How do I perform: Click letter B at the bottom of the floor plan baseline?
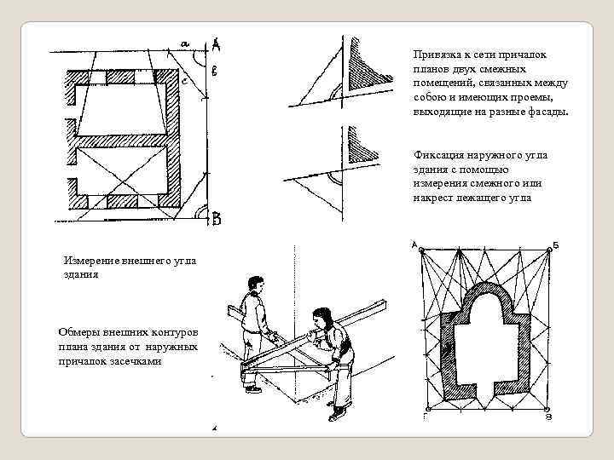pos(217,220)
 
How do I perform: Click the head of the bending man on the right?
pos(322,318)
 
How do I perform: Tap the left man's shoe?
pos(253,388)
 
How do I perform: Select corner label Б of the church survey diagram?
pos(555,244)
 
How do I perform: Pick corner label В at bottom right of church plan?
pos(549,417)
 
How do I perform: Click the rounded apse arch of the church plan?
pos(486,294)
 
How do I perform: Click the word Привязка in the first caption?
pos(437,55)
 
